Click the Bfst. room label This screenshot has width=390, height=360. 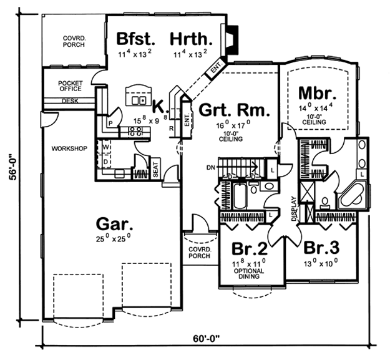tap(136, 39)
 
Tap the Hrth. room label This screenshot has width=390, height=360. tap(192, 39)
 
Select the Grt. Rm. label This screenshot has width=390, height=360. tap(234, 110)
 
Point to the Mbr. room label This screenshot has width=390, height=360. tap(317, 93)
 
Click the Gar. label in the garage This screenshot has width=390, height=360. tap(114, 224)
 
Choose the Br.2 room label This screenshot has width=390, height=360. tap(250, 248)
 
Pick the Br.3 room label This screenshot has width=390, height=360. tap(321, 248)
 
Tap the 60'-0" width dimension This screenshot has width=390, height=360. tap(207, 339)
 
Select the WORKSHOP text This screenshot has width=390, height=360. tap(69, 148)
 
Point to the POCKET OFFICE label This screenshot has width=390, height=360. tap(70, 85)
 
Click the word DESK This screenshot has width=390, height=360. tap(70, 101)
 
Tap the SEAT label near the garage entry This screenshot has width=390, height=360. tap(155, 170)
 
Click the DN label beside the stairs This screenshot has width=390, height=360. tap(211, 168)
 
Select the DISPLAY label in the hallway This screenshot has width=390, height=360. tap(294, 209)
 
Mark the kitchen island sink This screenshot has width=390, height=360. tap(139, 100)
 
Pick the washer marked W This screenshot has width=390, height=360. tap(105, 147)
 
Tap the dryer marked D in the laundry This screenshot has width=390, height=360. tap(105, 162)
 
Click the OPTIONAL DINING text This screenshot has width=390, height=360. tap(249, 273)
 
